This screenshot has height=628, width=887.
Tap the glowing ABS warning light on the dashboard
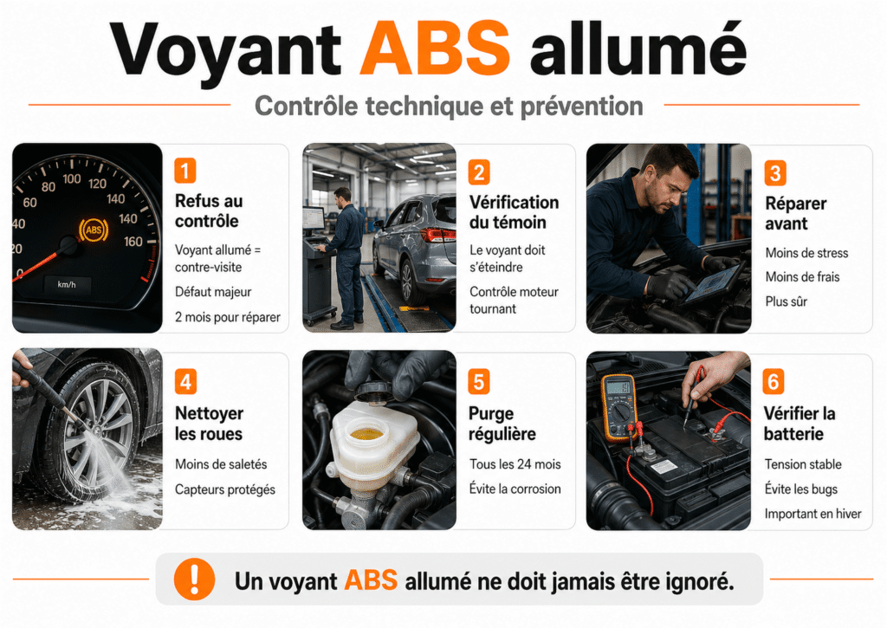(x=94, y=230)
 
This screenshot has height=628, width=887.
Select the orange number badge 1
(x=185, y=171)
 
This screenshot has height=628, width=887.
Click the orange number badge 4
(x=185, y=382)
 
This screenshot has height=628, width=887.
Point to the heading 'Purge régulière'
(x=502, y=424)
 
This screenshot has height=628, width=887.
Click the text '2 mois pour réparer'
(x=228, y=317)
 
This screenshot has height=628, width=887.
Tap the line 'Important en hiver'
(x=813, y=514)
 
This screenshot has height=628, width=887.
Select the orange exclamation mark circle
(x=194, y=579)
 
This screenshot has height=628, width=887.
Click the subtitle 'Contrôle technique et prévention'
(x=449, y=106)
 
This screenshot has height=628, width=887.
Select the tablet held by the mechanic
(x=713, y=284)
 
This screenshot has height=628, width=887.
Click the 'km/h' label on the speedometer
(x=67, y=285)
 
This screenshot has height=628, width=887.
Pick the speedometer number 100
(x=72, y=179)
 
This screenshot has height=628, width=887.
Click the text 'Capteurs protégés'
(x=224, y=489)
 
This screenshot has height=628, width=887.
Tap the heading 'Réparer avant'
(x=795, y=213)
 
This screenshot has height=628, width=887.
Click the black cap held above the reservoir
(x=373, y=392)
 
